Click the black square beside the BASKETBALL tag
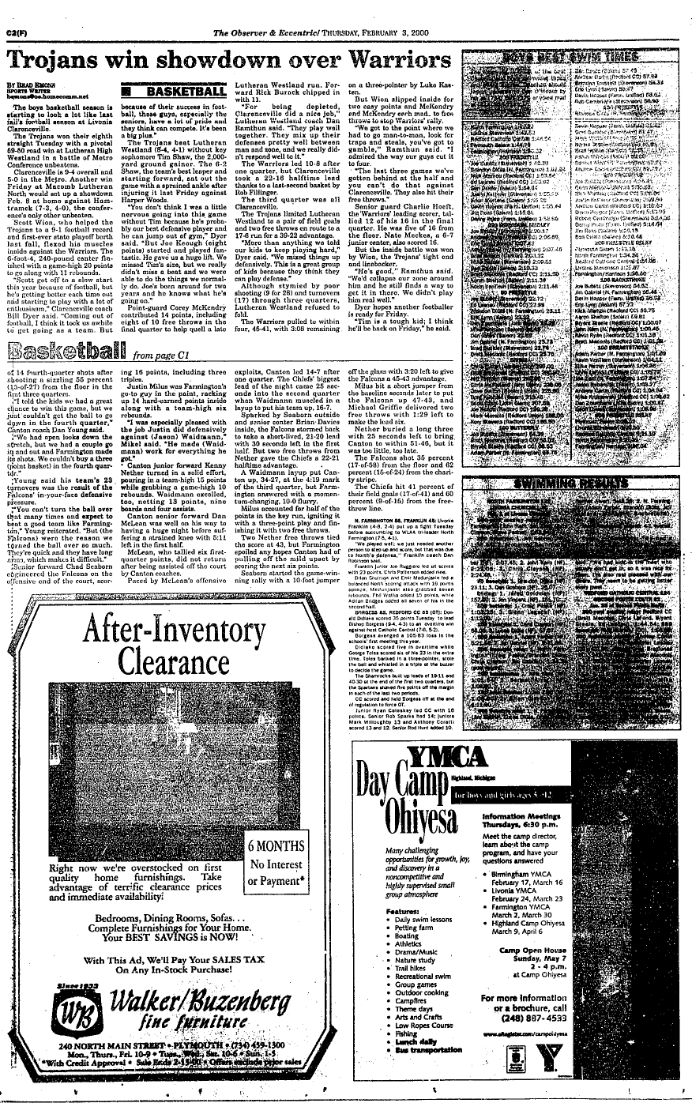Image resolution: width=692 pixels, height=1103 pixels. point(126,93)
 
